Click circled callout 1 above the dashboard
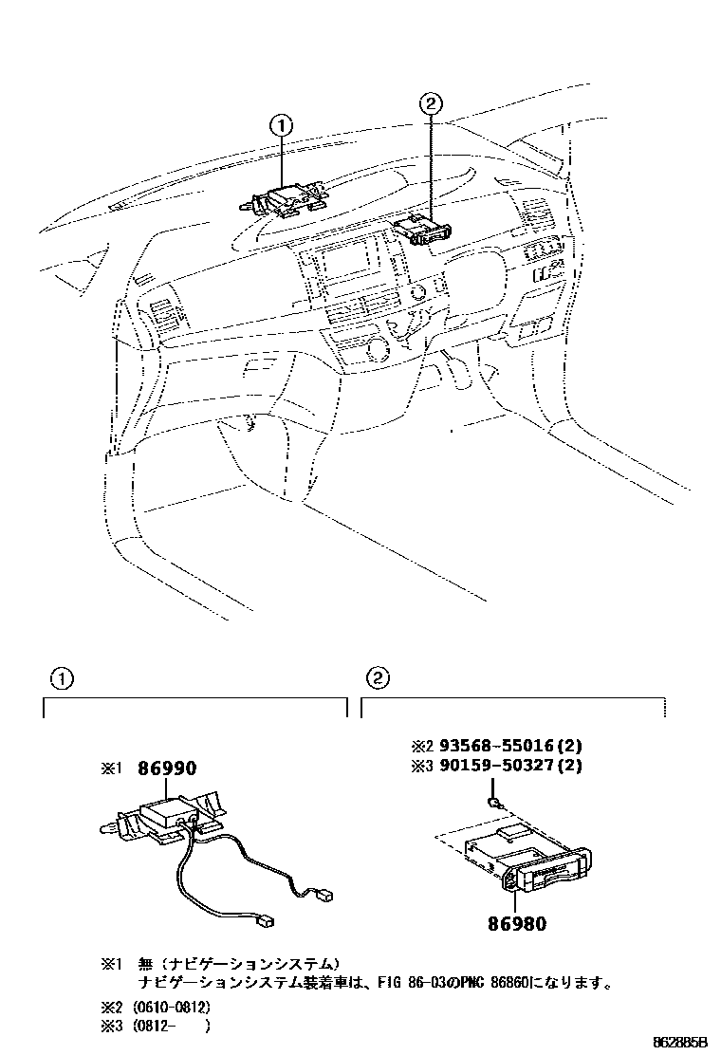click(282, 124)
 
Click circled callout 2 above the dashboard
click(429, 105)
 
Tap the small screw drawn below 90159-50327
click(494, 803)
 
